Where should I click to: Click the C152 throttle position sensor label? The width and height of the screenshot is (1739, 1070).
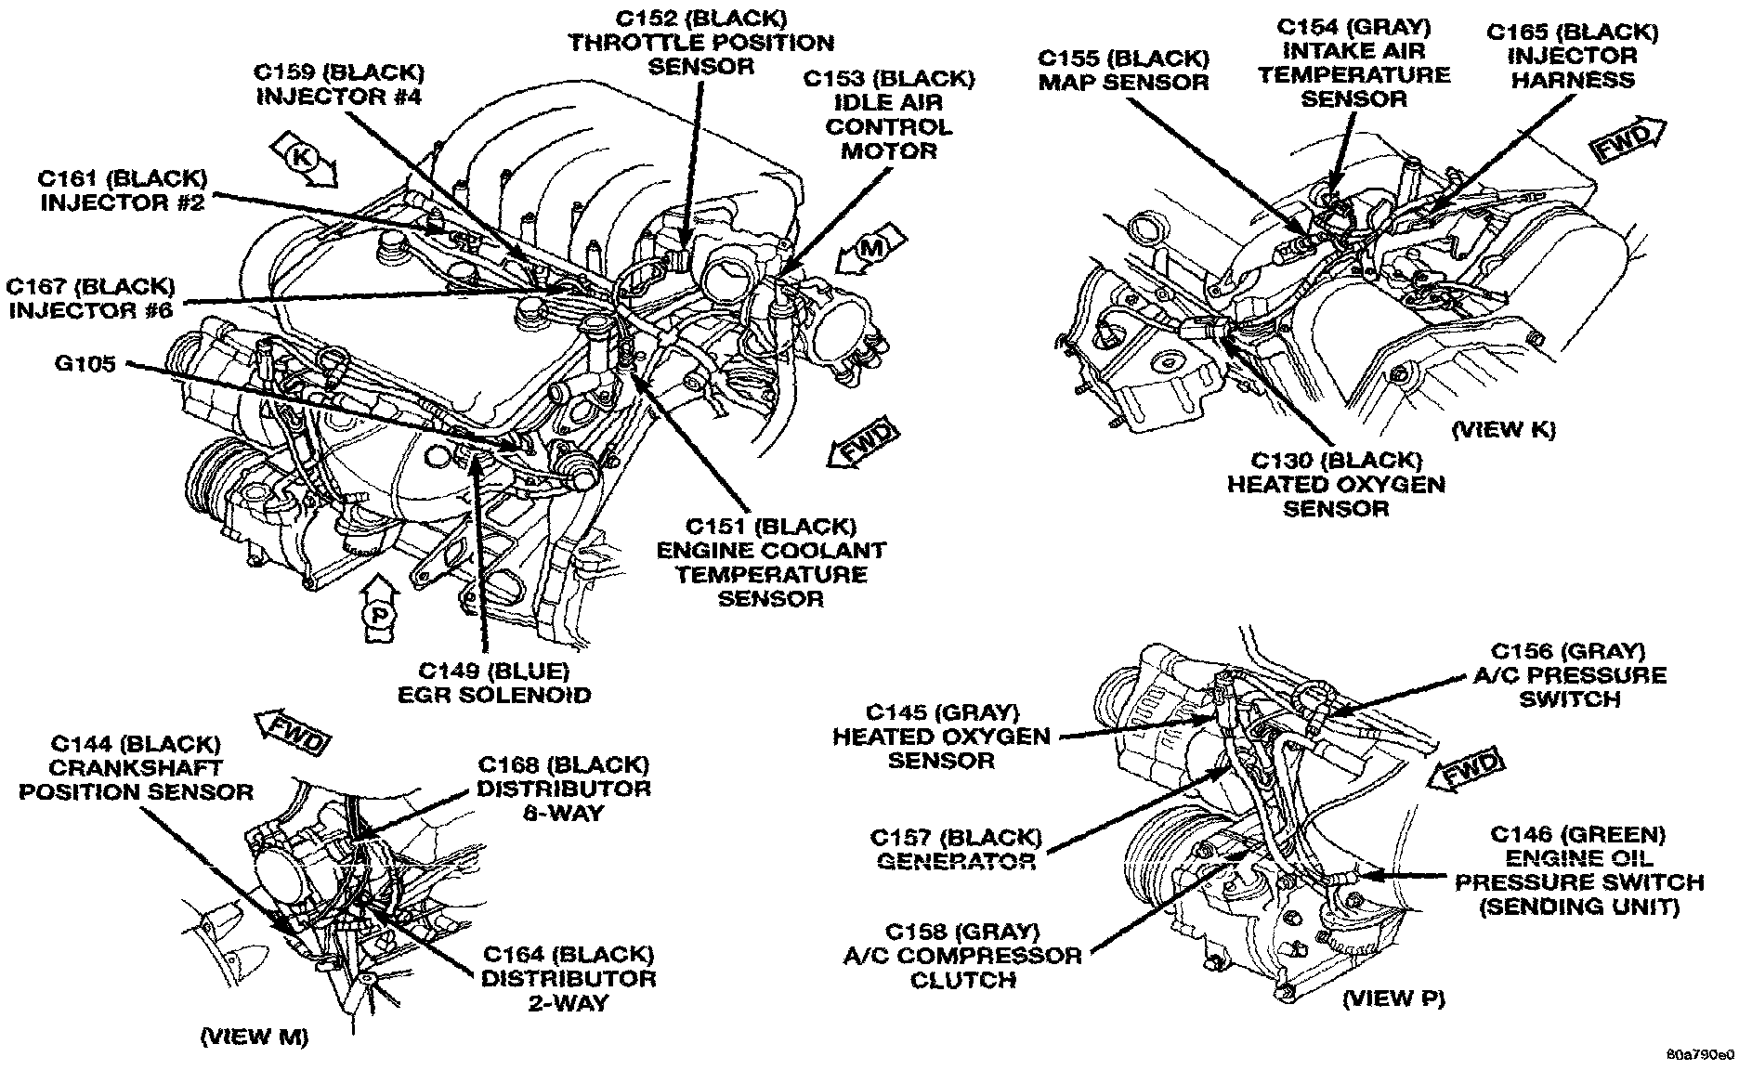700,42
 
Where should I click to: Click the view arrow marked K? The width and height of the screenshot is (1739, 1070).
307,159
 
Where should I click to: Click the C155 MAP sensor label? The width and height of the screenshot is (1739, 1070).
1123,70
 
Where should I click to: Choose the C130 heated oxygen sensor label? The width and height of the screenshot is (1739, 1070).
1335,484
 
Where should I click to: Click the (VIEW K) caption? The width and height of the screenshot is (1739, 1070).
1502,429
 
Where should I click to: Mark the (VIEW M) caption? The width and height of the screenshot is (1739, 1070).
255,1036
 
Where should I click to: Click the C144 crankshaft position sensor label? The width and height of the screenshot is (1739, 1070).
137,767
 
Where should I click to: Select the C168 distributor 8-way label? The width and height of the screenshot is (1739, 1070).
563,789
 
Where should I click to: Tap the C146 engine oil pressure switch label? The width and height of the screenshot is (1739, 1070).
1578,869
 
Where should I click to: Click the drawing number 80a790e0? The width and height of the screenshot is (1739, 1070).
1700,1056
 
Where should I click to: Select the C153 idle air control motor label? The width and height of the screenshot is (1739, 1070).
888,114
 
